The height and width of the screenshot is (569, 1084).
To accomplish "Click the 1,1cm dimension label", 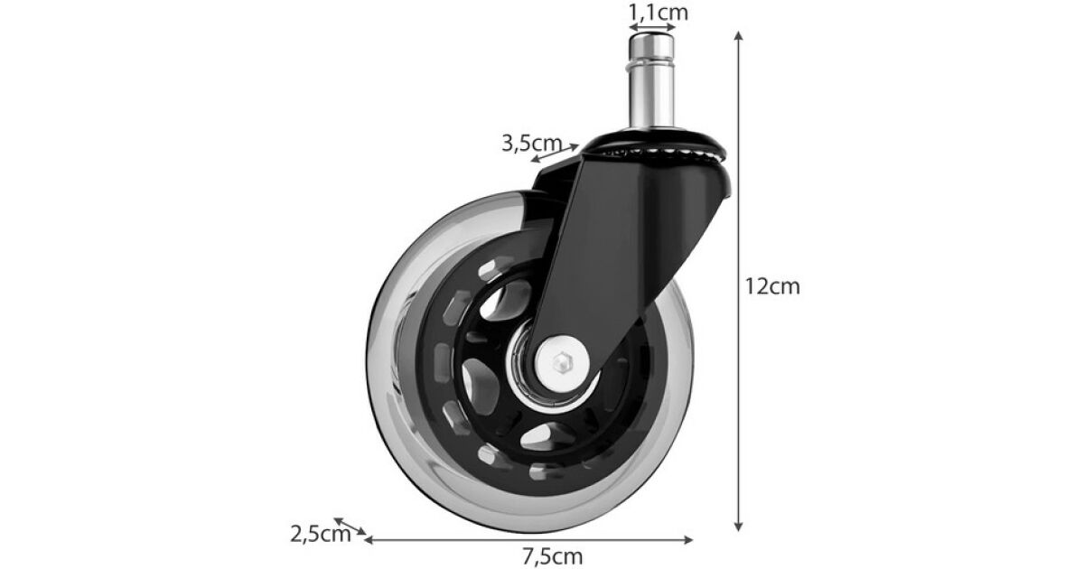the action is [x=659, y=13].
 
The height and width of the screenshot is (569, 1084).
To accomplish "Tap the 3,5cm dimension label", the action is [x=531, y=144].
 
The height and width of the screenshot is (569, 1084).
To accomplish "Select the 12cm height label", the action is [x=772, y=286].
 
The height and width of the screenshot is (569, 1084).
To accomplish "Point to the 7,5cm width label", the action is [x=552, y=556].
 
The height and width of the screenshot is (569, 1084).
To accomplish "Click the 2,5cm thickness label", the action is [x=321, y=535].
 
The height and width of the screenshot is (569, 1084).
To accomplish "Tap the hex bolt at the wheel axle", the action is [x=562, y=362].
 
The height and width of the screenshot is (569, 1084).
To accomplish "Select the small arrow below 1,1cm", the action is [x=651, y=28].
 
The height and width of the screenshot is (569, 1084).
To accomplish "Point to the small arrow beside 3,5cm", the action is [x=555, y=153].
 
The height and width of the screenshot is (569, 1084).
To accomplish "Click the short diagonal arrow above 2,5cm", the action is [x=350, y=526].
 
